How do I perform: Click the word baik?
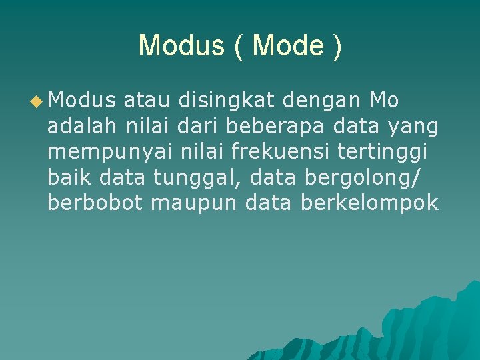pyautogui.click(x=70, y=177)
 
